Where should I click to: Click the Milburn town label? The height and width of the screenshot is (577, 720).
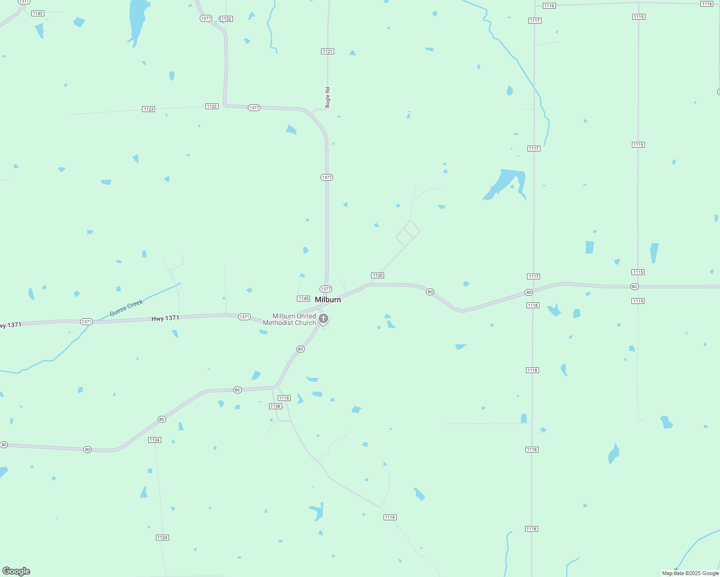tap(328, 300)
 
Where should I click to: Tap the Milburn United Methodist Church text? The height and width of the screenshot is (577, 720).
tap(290, 319)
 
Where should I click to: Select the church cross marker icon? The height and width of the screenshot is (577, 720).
tap(324, 318)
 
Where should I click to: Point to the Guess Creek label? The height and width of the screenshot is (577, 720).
tap(127, 308)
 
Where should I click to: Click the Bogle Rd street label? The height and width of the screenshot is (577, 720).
tap(328, 97)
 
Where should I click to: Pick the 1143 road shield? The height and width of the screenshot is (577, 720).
tap(38, 13)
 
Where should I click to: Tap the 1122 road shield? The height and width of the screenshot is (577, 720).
tap(226, 19)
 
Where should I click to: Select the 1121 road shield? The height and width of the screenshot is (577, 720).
tap(327, 51)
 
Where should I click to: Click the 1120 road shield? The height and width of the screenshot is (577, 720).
tap(377, 276)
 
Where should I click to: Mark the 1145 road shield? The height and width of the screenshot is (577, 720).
tap(303, 299)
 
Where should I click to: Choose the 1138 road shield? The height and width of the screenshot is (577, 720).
tap(275, 406)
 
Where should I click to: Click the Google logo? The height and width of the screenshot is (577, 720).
tap(16, 571)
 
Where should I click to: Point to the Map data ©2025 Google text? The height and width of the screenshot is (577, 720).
tap(690, 573)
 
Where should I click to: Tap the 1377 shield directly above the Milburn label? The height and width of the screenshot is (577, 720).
tap(326, 289)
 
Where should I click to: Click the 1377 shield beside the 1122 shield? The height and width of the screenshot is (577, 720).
tap(206, 18)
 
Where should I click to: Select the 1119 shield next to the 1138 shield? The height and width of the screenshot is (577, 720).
tap(284, 398)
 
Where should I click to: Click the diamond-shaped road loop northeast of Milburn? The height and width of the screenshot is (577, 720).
tap(408, 234)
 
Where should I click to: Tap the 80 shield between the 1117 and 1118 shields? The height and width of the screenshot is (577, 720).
tap(528, 292)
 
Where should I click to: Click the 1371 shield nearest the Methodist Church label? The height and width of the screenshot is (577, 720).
tap(244, 317)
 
